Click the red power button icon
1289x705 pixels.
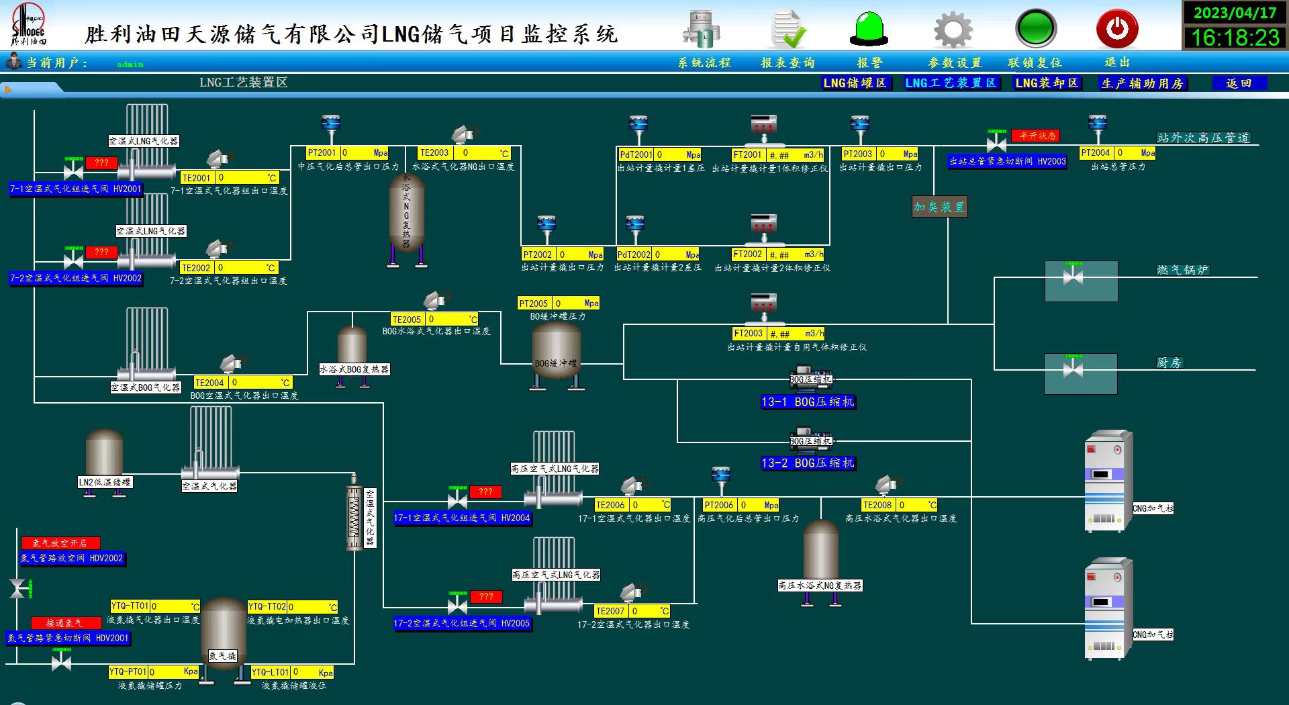(x=1116, y=29)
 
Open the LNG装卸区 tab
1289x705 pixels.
(x=1046, y=83)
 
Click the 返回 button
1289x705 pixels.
(x=1239, y=83)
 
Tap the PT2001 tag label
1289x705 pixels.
(x=322, y=153)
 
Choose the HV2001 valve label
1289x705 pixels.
(x=75, y=189)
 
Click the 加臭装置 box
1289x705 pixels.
(x=939, y=207)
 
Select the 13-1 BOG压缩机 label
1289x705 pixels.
(x=807, y=402)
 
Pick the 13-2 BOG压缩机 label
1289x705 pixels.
(x=807, y=463)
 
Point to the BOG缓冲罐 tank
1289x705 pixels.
(x=556, y=352)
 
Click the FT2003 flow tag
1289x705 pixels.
(x=748, y=334)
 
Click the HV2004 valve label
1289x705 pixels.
(x=462, y=518)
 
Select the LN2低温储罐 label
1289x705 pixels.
(x=105, y=482)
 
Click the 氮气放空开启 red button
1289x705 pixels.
(x=60, y=543)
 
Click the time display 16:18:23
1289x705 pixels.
(x=1235, y=38)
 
